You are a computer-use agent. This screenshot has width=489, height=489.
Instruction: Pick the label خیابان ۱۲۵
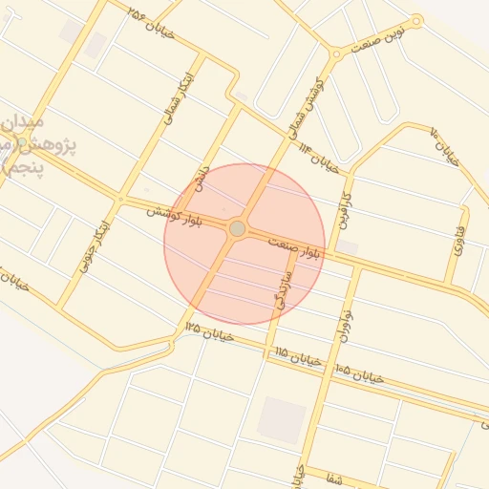208,330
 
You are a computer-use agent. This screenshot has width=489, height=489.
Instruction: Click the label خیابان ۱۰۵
359,373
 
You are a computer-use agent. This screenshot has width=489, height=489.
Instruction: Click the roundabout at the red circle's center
237,229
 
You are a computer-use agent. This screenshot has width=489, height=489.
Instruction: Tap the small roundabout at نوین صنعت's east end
416,20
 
